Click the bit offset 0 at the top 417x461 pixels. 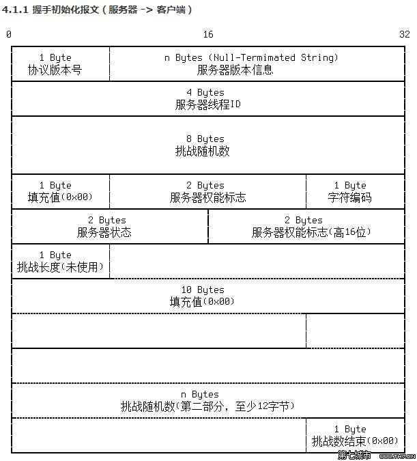pyautogui.click(x=9, y=34)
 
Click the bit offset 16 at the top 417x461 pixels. pyautogui.click(x=208, y=34)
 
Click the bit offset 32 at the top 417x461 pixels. pyautogui.click(x=404, y=34)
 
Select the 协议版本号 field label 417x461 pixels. pyautogui.click(x=55, y=70)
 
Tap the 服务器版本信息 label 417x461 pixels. pyautogui.click(x=235, y=70)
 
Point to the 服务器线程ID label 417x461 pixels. pyautogui.click(x=207, y=104)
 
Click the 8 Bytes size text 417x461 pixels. pyautogui.click(x=205, y=139)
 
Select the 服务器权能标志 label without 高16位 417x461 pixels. pyautogui.click(x=207, y=197)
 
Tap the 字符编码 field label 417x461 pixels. pyautogui.click(x=349, y=197)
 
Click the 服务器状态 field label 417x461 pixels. pyautogui.click(x=104, y=232)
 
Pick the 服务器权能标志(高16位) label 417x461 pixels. pyautogui.click(x=311, y=232)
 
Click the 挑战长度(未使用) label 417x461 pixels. pyautogui.click(x=60, y=267)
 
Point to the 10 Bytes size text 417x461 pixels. pyautogui.click(x=203, y=290)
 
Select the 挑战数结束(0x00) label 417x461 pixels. pyautogui.click(x=355, y=441)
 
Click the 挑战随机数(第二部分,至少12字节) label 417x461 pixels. pyautogui.click(x=207, y=406)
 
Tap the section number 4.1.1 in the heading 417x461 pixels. pyautogui.click(x=15, y=10)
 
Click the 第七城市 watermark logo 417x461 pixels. pyautogui.click(x=354, y=455)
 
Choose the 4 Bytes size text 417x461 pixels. pyautogui.click(x=205, y=92)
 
